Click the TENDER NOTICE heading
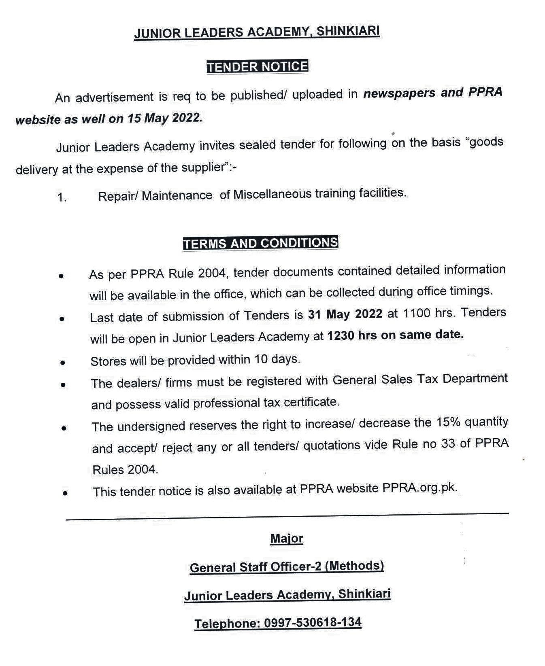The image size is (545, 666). pos(257,66)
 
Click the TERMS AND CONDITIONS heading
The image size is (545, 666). pos(260,243)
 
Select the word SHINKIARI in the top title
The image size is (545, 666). pos(348,31)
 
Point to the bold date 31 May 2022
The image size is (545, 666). pos(345,314)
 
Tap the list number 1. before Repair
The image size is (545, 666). pos(62,197)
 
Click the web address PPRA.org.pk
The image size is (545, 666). pos(419,488)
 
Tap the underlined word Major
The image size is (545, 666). pos(287,539)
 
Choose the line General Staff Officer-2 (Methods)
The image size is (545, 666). pos(287,566)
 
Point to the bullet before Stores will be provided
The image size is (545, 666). pos(62,363)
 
